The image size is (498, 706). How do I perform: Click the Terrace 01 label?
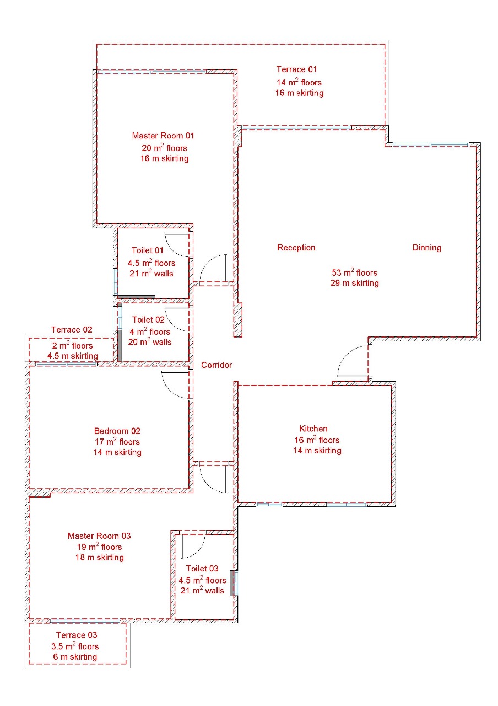click(x=296, y=69)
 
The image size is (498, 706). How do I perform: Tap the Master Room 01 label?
click(x=163, y=136)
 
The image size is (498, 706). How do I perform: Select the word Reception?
click(x=296, y=248)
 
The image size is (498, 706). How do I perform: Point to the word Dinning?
click(x=426, y=248)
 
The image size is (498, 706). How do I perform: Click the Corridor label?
click(x=216, y=365)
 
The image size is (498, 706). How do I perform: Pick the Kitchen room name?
click(x=313, y=429)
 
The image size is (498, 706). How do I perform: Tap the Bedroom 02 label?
click(x=117, y=431)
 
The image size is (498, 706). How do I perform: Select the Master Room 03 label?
click(x=99, y=536)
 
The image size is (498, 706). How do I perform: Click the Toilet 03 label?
click(x=202, y=569)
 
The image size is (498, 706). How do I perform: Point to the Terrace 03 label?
click(x=77, y=635)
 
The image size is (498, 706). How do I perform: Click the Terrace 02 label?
click(x=72, y=330)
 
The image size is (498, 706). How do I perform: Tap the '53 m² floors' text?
click(x=354, y=272)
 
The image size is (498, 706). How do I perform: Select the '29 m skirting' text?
click(x=354, y=283)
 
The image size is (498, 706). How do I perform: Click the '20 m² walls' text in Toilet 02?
click(x=149, y=341)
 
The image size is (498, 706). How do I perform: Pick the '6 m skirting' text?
click(x=75, y=657)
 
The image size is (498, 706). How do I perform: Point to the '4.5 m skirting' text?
click(x=73, y=356)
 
